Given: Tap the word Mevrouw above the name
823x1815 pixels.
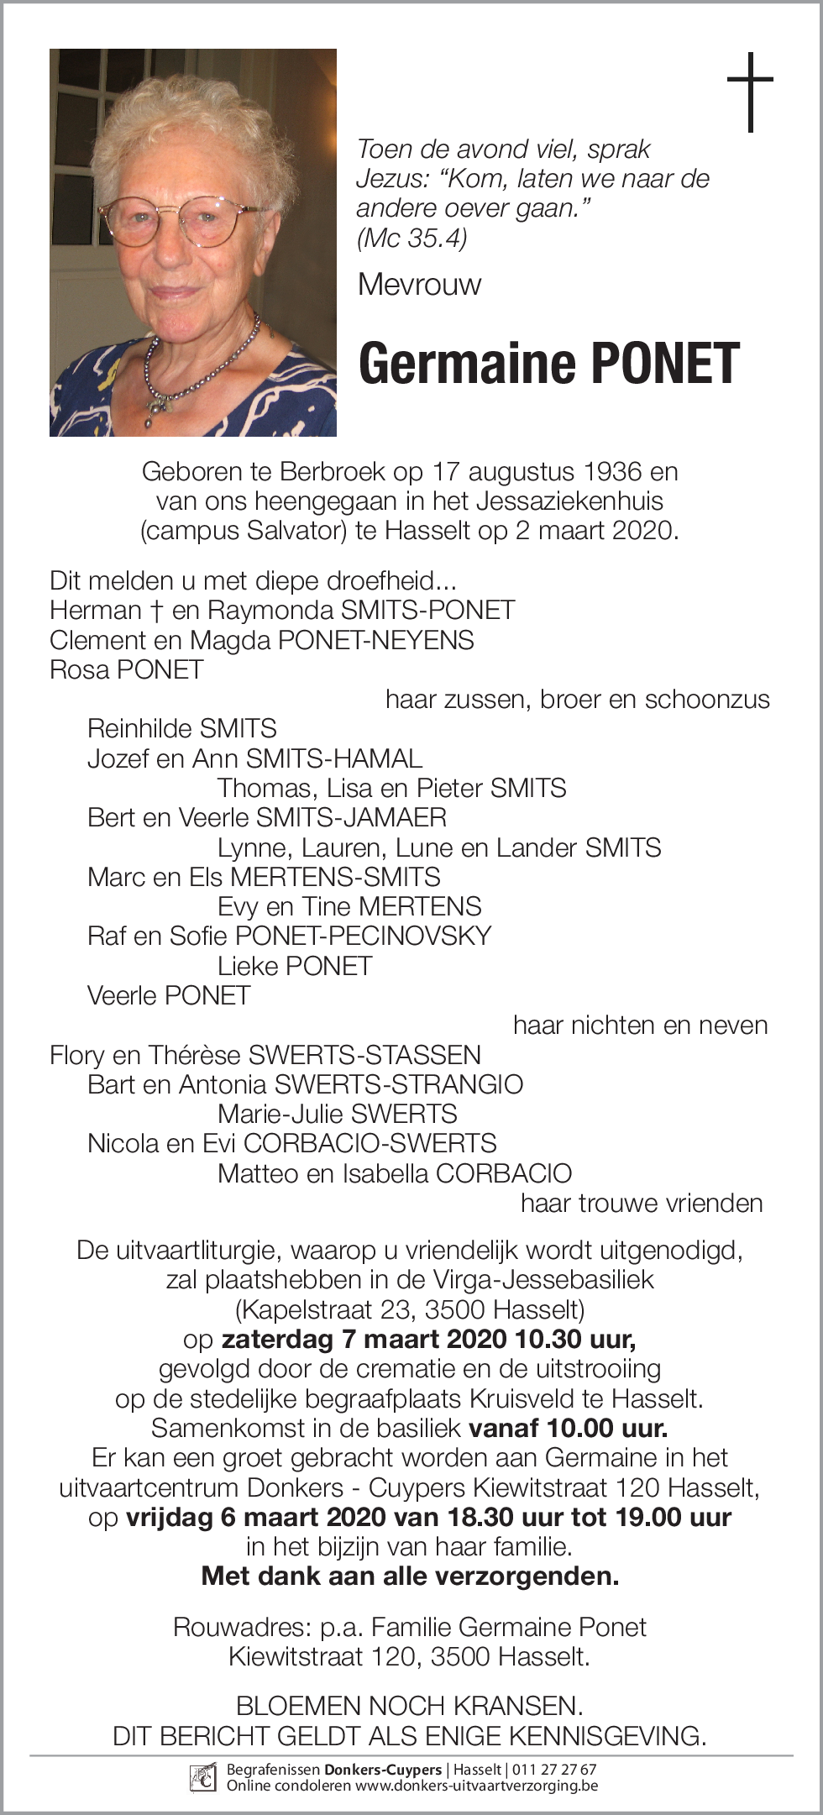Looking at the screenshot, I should pyautogui.click(x=419, y=285).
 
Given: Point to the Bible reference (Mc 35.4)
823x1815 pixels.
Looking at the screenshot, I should pyautogui.click(x=411, y=239).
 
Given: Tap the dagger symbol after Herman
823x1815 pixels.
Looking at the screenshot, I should pyautogui.click(x=156, y=611).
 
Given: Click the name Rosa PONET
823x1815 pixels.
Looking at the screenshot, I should pyautogui.click(x=127, y=669).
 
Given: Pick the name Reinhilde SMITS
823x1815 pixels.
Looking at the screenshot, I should pyautogui.click(x=181, y=728).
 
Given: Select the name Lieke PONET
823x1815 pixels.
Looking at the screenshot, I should pyautogui.click(x=294, y=966).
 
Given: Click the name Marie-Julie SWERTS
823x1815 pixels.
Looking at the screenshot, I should pyautogui.click(x=337, y=1114).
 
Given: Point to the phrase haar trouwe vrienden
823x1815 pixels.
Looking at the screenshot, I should pyautogui.click(x=642, y=1203).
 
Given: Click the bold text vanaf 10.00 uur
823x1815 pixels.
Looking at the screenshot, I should pyautogui.click(x=568, y=1428).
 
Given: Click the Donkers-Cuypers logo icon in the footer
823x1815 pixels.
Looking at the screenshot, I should pyautogui.click(x=203, y=1776).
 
